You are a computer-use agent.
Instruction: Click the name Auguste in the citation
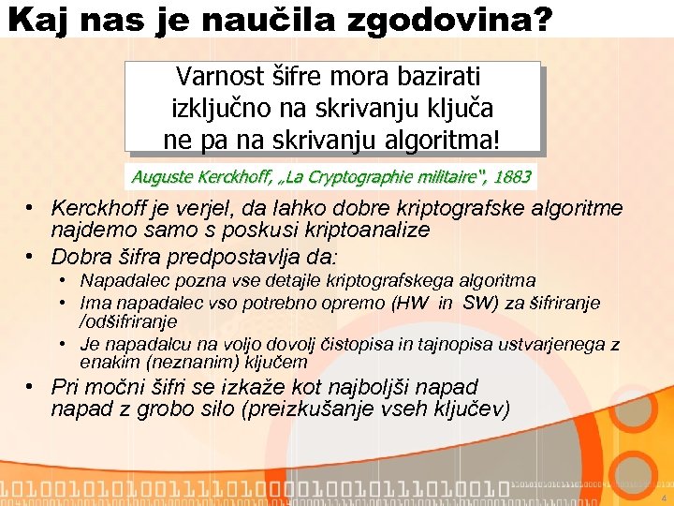161,176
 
